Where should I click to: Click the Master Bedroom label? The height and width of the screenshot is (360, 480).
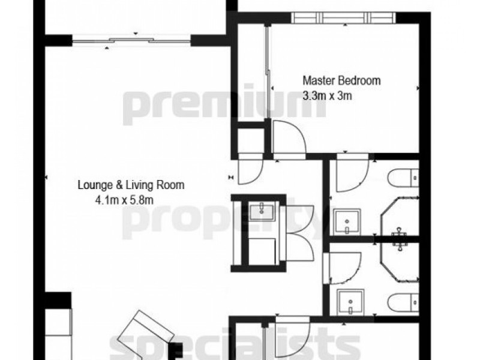tap(341, 80)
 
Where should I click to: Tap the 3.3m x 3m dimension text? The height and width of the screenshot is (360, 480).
tap(327, 94)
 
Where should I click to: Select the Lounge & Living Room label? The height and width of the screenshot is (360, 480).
tap(130, 185)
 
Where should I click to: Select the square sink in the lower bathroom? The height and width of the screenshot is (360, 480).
tap(347, 299)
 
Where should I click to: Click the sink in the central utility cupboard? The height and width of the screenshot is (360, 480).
tap(262, 209)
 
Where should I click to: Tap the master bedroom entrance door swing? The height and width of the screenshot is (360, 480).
tap(288, 137)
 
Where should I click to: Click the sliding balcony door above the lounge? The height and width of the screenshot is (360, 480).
tap(132, 41)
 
